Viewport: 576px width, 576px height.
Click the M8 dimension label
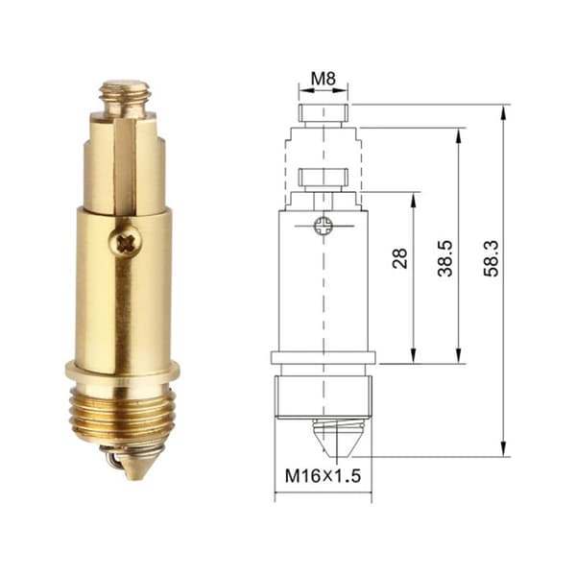[324, 79]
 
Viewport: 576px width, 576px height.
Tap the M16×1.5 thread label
[323, 476]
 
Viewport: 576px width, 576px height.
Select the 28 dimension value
[400, 258]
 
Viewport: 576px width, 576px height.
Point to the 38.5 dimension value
[444, 258]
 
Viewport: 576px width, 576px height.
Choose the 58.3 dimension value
[491, 258]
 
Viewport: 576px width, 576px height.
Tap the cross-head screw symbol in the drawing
[324, 226]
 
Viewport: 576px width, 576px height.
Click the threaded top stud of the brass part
[126, 100]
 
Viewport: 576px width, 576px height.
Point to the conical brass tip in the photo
[136, 466]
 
